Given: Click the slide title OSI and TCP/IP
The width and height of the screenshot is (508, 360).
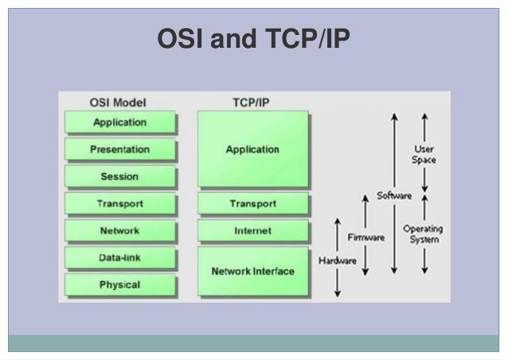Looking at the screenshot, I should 253,38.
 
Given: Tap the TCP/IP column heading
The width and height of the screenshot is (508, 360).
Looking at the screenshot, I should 252,103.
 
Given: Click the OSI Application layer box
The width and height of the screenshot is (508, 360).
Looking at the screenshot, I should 120,123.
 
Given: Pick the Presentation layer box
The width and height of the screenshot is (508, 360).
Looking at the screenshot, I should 120,149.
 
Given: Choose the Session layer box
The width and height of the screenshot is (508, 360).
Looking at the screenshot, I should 120,176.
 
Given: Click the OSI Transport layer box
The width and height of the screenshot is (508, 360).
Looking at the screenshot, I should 120,204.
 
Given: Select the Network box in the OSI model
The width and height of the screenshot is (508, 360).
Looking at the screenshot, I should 120,231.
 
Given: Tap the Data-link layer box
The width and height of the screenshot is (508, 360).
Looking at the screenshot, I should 120,258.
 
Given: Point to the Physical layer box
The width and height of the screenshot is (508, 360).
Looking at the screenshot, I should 120,284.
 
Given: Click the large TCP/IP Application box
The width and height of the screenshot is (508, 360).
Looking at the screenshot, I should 252,149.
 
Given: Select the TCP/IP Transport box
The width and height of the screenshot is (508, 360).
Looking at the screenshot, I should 252,204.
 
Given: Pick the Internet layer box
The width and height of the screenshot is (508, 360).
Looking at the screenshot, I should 252,231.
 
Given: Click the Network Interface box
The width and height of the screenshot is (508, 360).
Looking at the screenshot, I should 252,271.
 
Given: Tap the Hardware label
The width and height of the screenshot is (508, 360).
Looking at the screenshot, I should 337,260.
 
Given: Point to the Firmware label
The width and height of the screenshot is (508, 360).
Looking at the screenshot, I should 366,237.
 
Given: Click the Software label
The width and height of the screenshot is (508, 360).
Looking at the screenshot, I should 393,195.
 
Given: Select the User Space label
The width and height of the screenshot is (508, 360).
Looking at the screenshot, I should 424,155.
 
